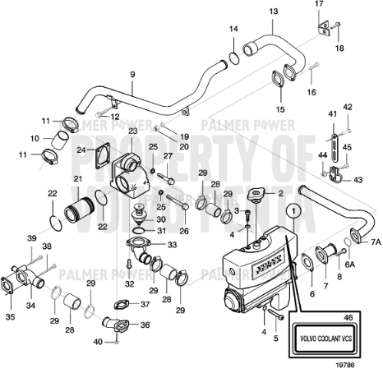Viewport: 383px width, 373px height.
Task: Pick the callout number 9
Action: pyautogui.click(x=132, y=76)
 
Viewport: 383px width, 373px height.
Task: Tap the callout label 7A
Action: pyautogui.click(x=376, y=243)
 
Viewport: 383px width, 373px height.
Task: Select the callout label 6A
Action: pyautogui.click(x=348, y=265)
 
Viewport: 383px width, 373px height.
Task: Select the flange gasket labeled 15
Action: pyautogui.click(x=279, y=86)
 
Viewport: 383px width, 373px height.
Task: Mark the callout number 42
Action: pyautogui.click(x=348, y=107)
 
